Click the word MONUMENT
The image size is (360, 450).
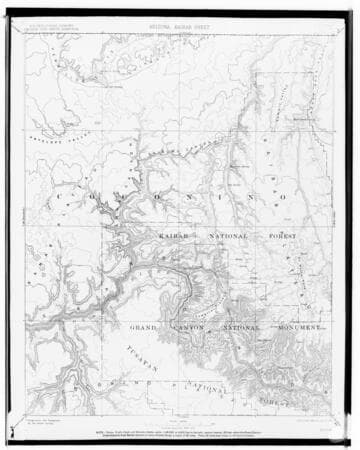tap(298, 327)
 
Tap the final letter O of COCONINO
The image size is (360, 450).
tap(283, 197)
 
